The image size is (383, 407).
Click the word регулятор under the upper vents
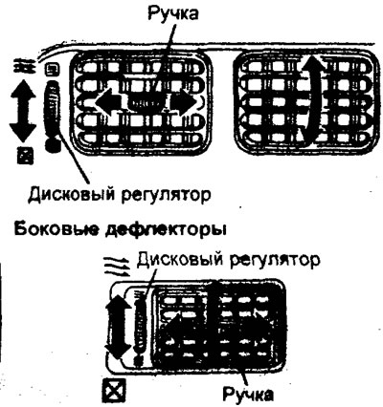tap(167, 195)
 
